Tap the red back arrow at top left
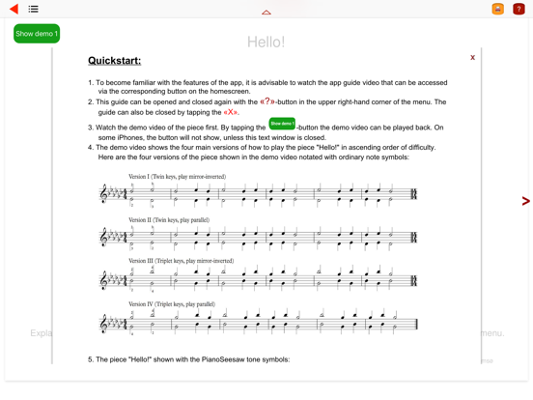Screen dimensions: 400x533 tap(14, 9)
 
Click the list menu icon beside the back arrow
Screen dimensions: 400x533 tap(33, 9)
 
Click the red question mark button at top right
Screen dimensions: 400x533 tap(519, 9)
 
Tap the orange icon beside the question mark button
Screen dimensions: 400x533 tap(498, 9)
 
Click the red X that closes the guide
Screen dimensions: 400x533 tap(472, 58)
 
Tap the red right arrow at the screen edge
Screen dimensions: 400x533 tap(525, 201)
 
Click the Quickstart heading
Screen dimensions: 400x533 tap(114, 61)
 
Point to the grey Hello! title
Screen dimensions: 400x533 tap(266, 42)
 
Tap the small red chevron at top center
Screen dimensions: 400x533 tap(266, 13)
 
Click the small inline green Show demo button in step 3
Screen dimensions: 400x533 tap(282, 124)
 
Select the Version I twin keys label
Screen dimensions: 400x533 tap(177, 177)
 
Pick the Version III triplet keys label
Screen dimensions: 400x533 tap(181, 261)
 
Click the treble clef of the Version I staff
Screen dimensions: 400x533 tap(105, 194)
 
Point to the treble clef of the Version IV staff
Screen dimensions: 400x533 tap(105, 323)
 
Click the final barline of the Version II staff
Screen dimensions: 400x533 tap(414, 238)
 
